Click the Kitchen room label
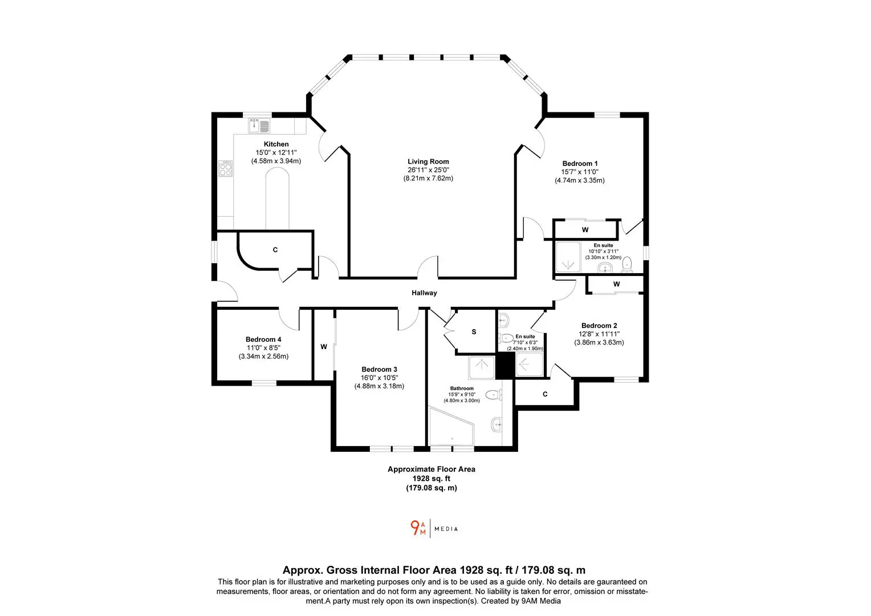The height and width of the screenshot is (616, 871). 276,144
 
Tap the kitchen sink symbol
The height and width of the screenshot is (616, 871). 259,125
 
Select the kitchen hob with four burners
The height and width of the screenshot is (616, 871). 225,168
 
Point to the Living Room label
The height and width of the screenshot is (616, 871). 428,161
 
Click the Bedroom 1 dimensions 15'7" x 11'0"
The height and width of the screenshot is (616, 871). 579,172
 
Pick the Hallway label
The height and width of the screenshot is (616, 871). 424,293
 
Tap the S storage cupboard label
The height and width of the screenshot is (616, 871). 474,332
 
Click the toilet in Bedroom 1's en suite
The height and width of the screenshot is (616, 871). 627,264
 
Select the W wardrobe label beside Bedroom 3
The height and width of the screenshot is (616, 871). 324,347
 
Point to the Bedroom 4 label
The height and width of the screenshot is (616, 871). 263,339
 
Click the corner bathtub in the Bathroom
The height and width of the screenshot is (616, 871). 451,425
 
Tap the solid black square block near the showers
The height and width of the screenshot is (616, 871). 505,366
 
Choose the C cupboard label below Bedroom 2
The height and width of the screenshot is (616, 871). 545,394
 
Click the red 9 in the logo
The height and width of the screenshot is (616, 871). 415,527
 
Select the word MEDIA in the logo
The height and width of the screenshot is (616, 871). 446,529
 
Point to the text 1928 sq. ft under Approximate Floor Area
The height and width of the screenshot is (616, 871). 431,478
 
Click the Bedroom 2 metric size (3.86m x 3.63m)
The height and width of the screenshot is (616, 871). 599,342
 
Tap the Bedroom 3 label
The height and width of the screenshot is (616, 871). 379,369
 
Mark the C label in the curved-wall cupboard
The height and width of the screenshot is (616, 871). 275,250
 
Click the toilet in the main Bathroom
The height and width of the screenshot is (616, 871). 494,395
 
